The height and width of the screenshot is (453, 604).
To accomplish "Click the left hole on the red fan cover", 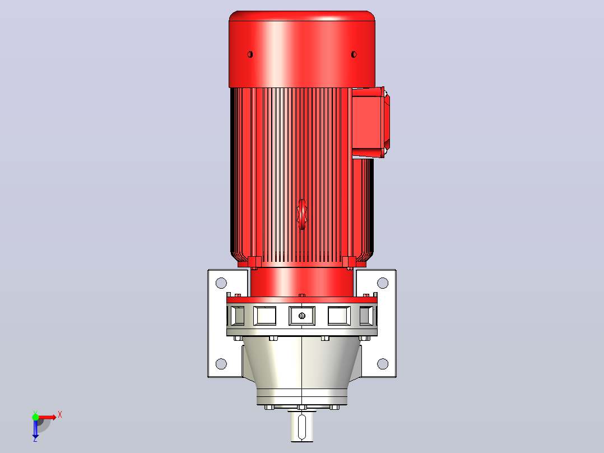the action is pos(250,54).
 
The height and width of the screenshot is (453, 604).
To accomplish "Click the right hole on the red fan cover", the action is pos(354,54).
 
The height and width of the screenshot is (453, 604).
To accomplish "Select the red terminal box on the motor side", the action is pos(370,122).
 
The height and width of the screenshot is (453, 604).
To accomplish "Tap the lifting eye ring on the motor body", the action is pos(302,214).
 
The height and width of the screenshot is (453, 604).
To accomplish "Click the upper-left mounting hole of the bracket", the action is pos(221,283).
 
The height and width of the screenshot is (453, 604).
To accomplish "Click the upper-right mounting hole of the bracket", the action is pos(383,283).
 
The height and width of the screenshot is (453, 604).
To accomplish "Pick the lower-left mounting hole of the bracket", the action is pos(221,363).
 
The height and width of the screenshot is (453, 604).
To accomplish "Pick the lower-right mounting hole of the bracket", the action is pos(383,363).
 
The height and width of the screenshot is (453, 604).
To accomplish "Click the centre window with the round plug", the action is pos(302,316).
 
